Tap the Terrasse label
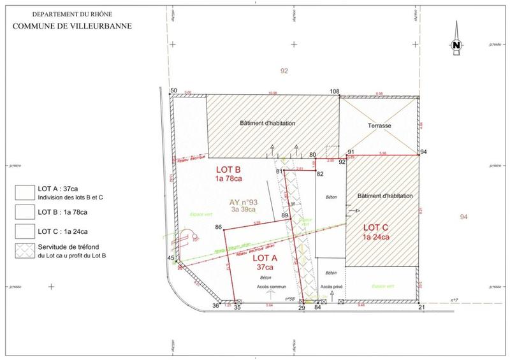tap(379, 126)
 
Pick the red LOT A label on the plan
tap(264, 259)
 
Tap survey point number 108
tap(335, 92)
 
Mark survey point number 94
tap(423, 152)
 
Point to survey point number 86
tap(219, 227)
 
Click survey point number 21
tap(421, 307)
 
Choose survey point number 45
tap(170, 257)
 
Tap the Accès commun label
tap(268, 287)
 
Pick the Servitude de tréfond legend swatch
tap(25, 249)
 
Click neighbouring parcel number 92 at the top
tap(284, 71)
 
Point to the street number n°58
tap(286, 299)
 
